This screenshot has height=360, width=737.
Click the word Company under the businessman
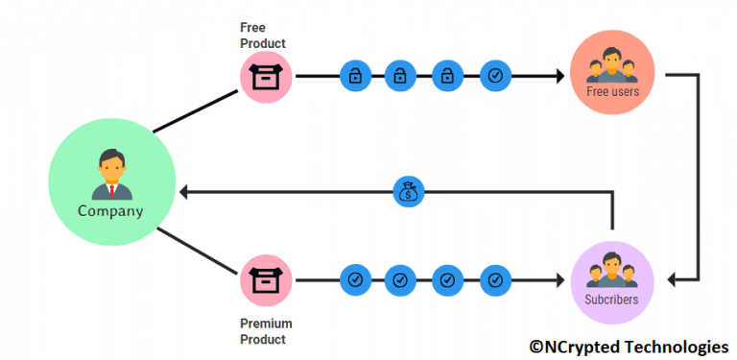point(110,211)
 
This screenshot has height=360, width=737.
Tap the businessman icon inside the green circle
point(111,176)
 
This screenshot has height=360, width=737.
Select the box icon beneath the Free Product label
point(264,76)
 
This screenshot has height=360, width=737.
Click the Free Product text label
point(262,35)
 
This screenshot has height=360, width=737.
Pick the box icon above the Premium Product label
point(264,279)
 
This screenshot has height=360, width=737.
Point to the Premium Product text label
point(266,331)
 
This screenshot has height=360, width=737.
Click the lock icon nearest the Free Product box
point(355,76)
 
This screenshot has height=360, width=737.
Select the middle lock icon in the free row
point(400,76)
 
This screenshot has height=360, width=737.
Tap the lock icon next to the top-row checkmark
point(447,76)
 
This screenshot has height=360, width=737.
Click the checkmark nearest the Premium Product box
point(355,279)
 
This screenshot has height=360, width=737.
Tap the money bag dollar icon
point(408,191)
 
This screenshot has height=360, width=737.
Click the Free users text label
point(612,92)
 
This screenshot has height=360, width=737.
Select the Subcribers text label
point(611,300)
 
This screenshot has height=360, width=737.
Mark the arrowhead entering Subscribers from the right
point(675,279)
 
